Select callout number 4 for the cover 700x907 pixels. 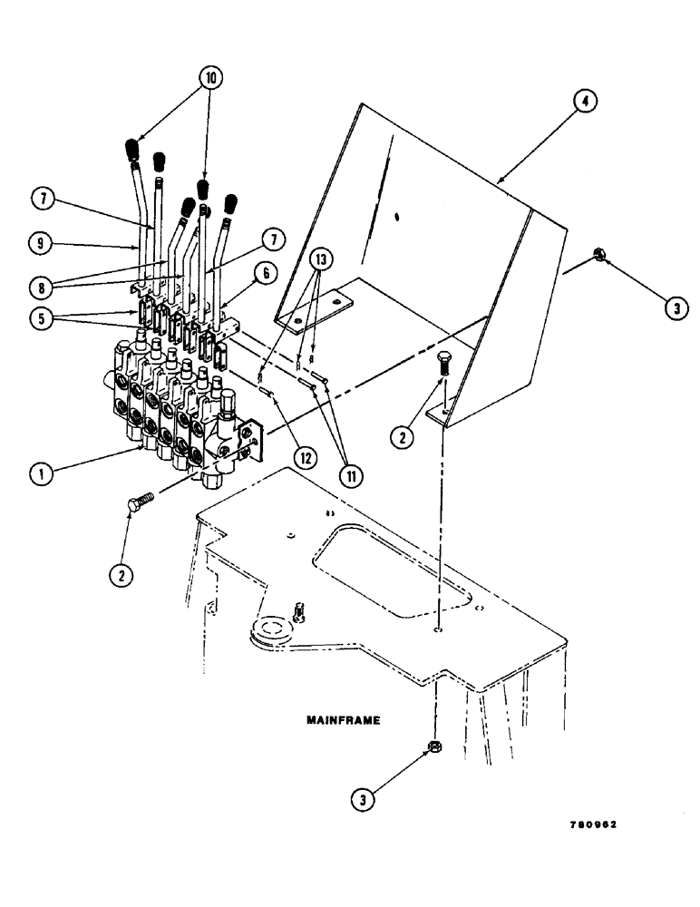[584, 103]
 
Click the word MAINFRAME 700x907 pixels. [341, 722]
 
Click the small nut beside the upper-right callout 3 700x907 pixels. [601, 258]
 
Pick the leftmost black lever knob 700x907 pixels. [131, 148]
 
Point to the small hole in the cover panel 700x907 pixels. [398, 217]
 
